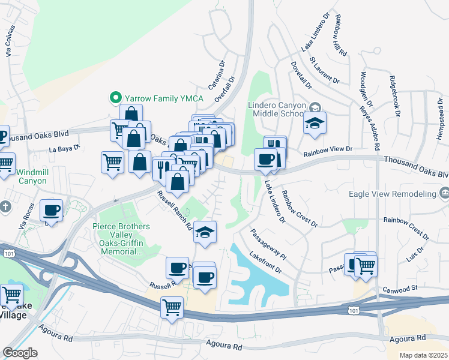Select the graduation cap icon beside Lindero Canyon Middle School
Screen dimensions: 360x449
click(x=315, y=124)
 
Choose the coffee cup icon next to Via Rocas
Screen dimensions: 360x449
click(x=51, y=211)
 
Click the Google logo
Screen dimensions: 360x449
click(x=20, y=352)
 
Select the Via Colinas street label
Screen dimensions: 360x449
click(x=9, y=41)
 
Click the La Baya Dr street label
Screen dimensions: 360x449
click(x=64, y=148)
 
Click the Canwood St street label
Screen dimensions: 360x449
click(x=401, y=289)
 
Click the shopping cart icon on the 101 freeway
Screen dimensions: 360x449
click(x=172, y=307)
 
